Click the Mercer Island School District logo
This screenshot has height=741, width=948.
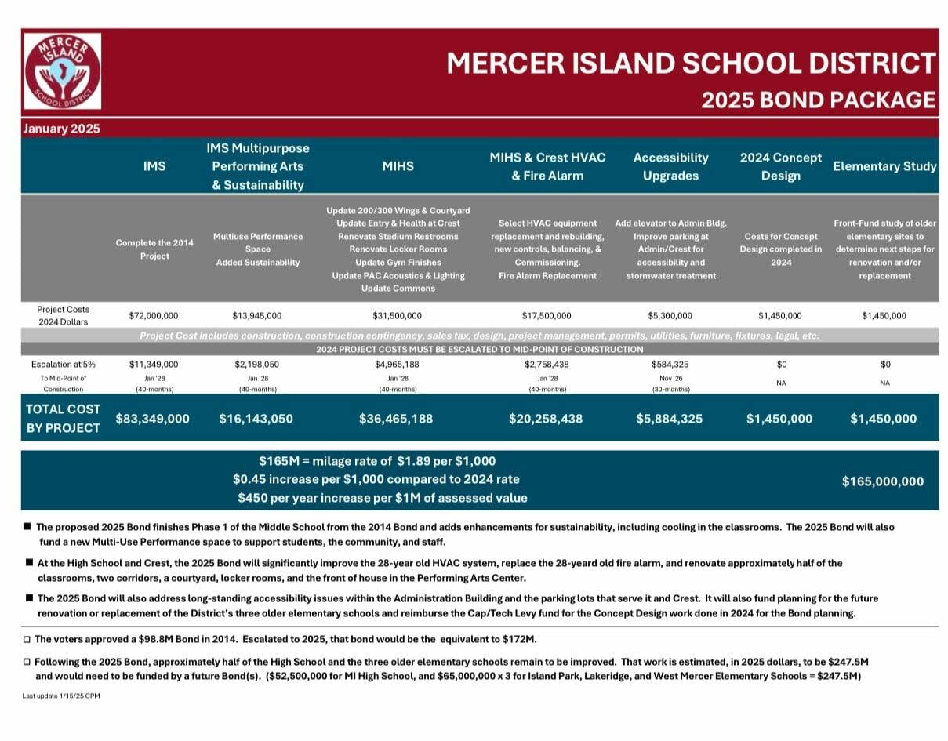[62, 71]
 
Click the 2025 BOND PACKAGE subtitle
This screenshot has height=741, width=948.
[818, 100]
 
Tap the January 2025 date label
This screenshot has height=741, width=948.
[61, 129]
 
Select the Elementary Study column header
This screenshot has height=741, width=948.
[884, 165]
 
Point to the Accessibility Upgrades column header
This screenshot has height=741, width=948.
[670, 166]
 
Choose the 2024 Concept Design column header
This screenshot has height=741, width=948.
[781, 166]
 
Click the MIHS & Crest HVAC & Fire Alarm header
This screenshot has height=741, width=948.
[547, 166]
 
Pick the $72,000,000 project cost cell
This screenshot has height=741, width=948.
[154, 316]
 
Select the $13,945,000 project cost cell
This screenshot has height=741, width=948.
[257, 316]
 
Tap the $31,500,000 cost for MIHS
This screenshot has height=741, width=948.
[398, 316]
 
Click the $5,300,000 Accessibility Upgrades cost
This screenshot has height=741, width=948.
[670, 316]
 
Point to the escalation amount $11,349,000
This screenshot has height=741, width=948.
[154, 365]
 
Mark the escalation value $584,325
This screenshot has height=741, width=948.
[670, 365]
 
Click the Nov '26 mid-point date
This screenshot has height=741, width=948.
[670, 377]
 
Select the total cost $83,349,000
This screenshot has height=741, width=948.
[153, 419]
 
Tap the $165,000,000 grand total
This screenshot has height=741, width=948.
[883, 481]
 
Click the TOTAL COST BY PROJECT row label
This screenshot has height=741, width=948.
[63, 419]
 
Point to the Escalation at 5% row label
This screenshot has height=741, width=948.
[63, 365]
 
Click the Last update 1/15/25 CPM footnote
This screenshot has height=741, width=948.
[61, 696]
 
